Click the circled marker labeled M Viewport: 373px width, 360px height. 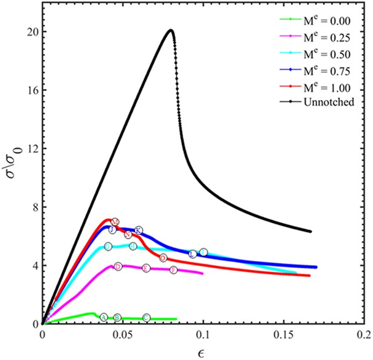coord(115,222)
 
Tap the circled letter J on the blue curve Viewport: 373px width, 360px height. coord(112,230)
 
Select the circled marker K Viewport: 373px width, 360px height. coord(139,230)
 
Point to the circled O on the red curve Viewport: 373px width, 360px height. coord(163,258)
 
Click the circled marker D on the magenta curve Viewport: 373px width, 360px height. coord(118,267)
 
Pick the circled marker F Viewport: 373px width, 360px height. coord(174,270)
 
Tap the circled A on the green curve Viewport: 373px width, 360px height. coord(103,316)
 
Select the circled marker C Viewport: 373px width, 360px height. coord(146,317)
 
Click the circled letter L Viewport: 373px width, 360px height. coord(193,254)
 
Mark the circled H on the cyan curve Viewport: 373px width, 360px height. coord(133,246)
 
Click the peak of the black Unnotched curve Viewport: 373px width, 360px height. coord(171,30)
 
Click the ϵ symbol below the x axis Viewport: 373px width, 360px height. coord(203,351)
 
